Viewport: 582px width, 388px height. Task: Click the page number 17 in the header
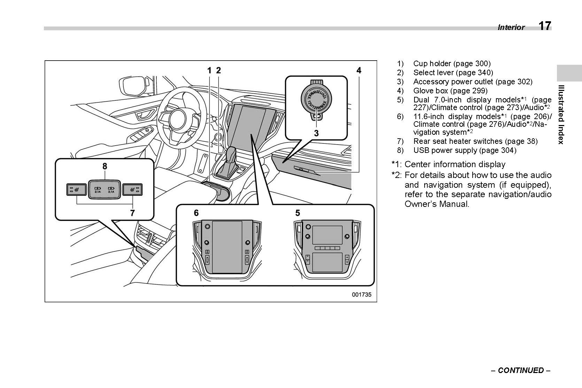click(545, 26)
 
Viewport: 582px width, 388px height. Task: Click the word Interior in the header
click(511, 28)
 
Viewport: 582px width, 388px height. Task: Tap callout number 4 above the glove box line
click(359, 70)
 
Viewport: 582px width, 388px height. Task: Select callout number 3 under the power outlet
click(316, 133)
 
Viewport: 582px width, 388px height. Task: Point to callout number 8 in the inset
click(104, 166)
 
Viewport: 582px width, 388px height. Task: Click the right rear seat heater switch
click(133, 190)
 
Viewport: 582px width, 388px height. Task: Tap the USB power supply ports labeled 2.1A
click(104, 190)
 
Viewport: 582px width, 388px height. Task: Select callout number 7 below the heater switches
click(132, 213)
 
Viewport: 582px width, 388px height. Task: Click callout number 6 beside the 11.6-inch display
click(196, 213)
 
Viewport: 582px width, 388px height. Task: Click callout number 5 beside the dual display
click(297, 213)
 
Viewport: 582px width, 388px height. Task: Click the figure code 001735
click(362, 294)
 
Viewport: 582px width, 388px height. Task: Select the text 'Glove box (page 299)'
click(450, 91)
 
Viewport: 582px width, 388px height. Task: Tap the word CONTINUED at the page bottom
click(521, 370)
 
